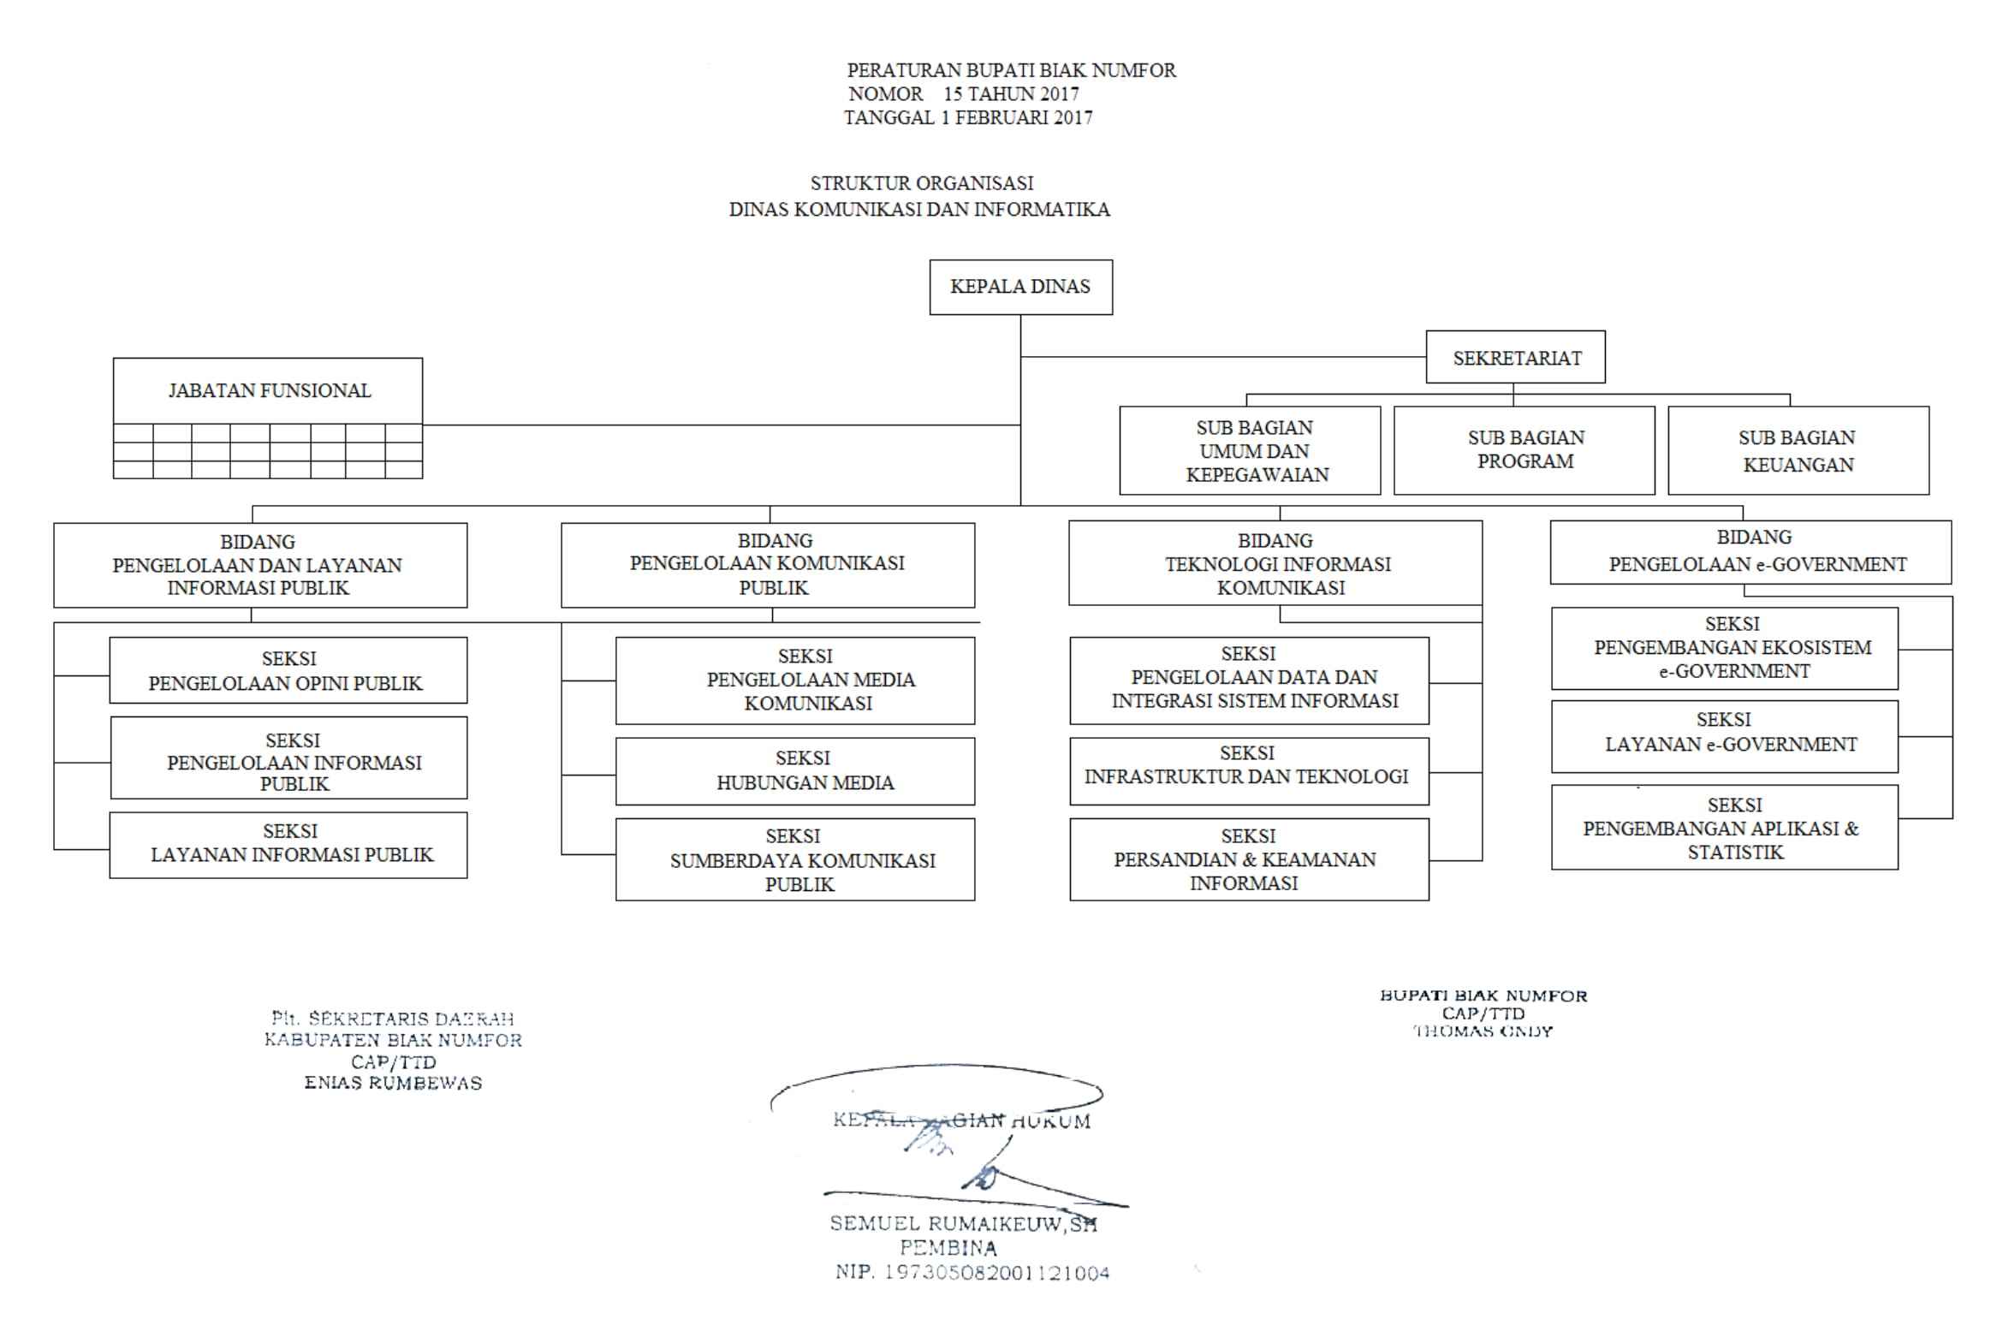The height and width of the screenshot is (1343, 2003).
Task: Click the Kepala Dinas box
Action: [x=1021, y=287]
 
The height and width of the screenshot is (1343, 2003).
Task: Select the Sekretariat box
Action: [x=1515, y=357]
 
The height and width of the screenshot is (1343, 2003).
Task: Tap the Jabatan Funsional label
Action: [x=269, y=390]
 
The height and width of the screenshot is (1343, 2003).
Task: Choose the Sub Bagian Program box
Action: [x=1525, y=449]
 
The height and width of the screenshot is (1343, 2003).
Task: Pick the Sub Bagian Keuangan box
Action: [x=1798, y=450]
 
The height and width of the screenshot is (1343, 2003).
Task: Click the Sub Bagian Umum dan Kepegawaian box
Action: [x=1250, y=450]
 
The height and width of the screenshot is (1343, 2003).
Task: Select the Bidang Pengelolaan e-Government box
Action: [x=1750, y=551]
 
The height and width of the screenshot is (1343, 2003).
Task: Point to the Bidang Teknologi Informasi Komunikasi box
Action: [x=1275, y=563]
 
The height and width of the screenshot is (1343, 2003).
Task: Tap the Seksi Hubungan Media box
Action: [x=794, y=771]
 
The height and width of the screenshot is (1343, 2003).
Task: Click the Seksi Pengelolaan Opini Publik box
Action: [x=288, y=670]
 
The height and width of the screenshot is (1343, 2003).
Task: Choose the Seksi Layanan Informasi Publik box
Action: [x=288, y=845]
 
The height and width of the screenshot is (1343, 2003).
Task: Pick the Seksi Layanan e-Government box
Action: [x=1724, y=736]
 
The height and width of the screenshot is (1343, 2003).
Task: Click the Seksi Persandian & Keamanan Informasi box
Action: [x=1249, y=859]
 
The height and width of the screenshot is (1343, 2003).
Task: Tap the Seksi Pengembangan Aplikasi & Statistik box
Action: [x=1724, y=828]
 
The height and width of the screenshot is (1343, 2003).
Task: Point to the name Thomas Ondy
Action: [x=1483, y=1031]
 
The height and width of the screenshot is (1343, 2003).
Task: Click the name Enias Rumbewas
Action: [x=393, y=1083]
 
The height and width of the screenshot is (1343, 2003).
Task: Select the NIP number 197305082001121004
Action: [x=972, y=1273]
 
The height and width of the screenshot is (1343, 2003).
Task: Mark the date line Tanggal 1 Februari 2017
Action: [x=967, y=118]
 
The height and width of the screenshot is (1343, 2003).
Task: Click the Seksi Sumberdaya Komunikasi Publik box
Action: [x=794, y=859]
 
